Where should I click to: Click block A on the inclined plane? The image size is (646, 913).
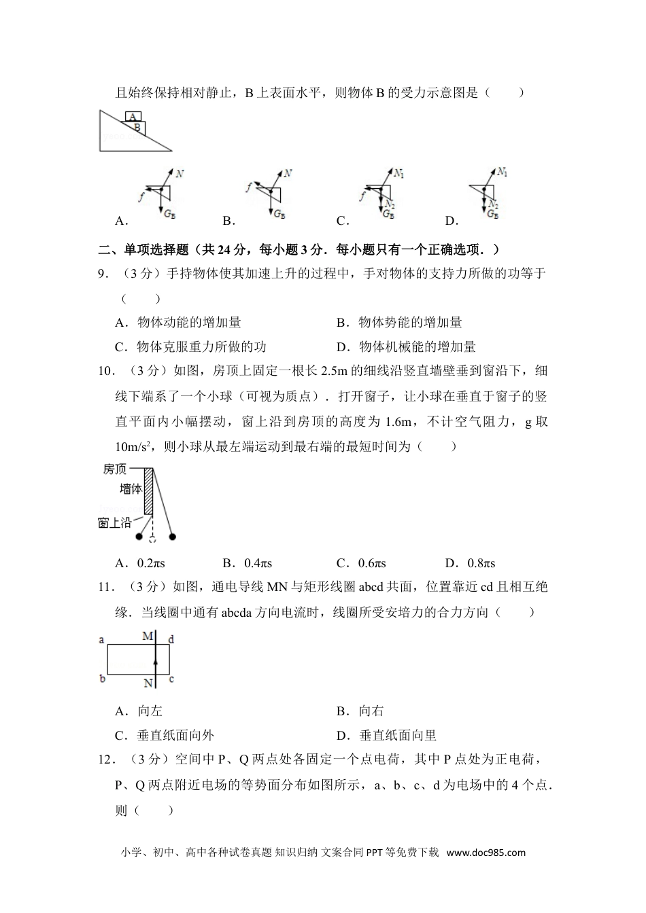133,117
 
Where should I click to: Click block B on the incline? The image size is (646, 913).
137,126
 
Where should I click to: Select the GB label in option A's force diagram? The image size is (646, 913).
169,213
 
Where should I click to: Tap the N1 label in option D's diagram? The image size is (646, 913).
503,172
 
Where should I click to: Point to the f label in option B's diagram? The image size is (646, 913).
250,186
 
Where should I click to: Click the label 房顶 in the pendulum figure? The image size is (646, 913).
115,469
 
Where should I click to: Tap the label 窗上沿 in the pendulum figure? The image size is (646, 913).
114,522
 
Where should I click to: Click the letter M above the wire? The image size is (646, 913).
148,637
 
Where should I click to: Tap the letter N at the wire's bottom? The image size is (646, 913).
148,683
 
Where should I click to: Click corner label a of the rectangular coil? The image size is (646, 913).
101,639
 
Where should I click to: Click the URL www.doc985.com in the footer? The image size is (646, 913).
486,853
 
